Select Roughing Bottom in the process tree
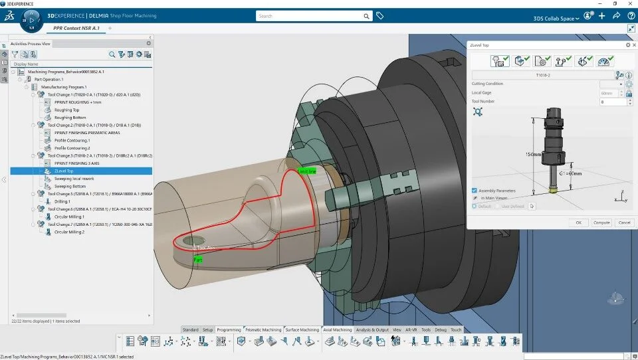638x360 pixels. [x=70, y=118]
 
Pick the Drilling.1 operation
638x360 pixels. [x=63, y=201]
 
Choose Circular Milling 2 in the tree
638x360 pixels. [x=69, y=232]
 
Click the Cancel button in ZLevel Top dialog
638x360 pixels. [x=624, y=223]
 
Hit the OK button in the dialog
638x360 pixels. [x=578, y=223]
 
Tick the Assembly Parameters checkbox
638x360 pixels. [x=475, y=190]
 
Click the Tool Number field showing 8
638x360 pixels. [x=611, y=102]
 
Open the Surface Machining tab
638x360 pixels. [x=302, y=329]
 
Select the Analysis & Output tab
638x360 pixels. [x=372, y=329]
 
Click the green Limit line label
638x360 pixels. [x=306, y=171]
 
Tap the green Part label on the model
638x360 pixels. [x=197, y=260]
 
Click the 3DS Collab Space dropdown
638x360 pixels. [x=556, y=18]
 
